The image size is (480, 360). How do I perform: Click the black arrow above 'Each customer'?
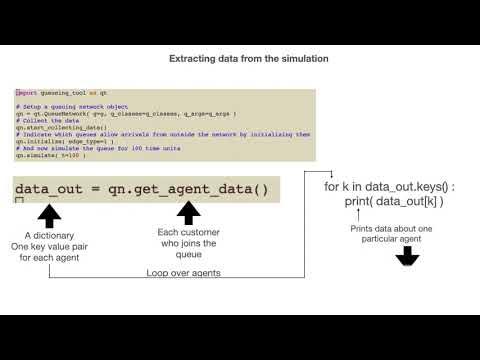tap(188, 214)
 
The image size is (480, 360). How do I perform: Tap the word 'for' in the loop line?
tap(332, 188)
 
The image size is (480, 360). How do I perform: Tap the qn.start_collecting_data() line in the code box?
tap(62, 129)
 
